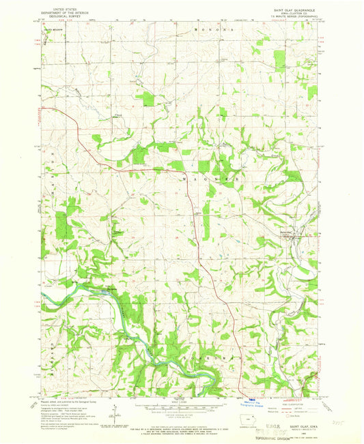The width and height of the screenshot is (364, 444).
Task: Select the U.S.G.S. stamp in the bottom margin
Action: click(x=270, y=427)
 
